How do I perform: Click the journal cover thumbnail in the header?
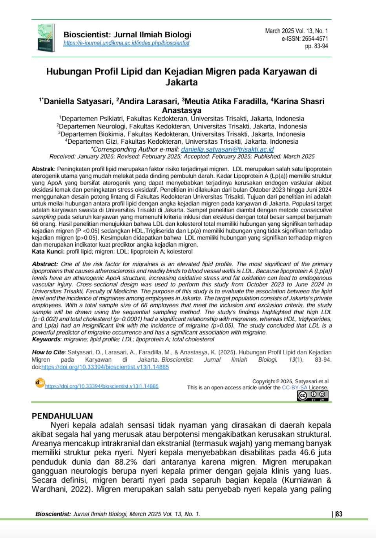pyautogui.click(x=46, y=38)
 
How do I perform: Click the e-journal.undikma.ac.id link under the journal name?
pyautogui.click(x=126, y=43)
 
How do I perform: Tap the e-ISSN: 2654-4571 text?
pyautogui.click(x=305, y=38)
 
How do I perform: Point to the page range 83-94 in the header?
pyautogui.click(x=321, y=46)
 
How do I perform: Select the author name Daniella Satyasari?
pyautogui.click(x=78, y=101)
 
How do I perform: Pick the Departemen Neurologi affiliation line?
pyautogui.click(x=182, y=126)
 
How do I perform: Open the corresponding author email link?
pyautogui.click(x=227, y=149)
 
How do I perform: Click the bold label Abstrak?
pyautogui.click(x=42, y=169)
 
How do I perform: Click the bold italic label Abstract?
pyautogui.click(x=45, y=264)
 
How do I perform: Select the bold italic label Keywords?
pyautogui.click(x=46, y=339)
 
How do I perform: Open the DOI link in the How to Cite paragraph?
pyautogui.click(x=105, y=367)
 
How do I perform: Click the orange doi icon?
pyautogui.click(x=40, y=382)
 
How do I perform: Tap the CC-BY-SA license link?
pyautogui.click(x=294, y=388)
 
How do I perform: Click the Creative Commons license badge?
pyautogui.click(x=312, y=396)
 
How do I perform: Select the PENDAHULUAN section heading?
pyautogui.click(x=62, y=416)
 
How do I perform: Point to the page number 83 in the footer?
pyautogui.click(x=339, y=514)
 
